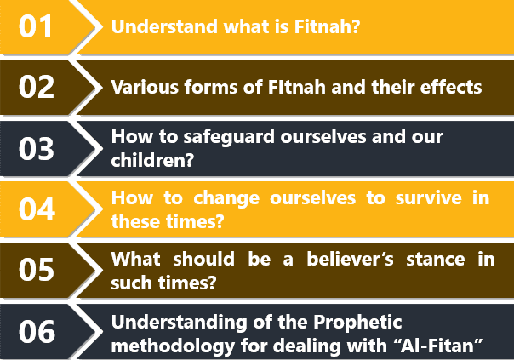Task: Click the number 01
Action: coord(36,26)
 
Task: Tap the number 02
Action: coord(37,87)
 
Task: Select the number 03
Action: coord(37,149)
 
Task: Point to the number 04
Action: coord(37,209)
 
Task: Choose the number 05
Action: coord(37,270)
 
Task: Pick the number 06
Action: coord(37,331)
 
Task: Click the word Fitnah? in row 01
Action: coord(327,26)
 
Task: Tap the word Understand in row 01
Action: coord(164,26)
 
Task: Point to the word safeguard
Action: coord(229,137)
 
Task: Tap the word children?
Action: coord(152,160)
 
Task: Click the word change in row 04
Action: coord(226,199)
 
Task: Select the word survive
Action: coord(428,198)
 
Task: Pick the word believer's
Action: coord(350,260)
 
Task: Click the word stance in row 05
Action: coord(436,260)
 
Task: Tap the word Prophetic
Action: coord(357,323)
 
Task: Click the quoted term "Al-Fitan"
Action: coord(442,346)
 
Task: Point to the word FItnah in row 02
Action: coord(297,87)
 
